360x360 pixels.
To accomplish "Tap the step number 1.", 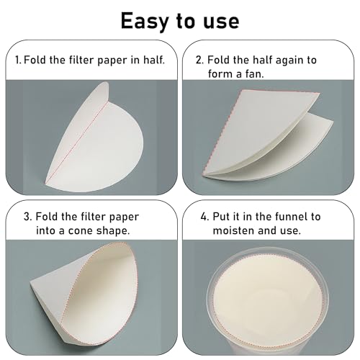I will click(17, 60).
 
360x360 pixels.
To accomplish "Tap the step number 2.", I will click(198, 60).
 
